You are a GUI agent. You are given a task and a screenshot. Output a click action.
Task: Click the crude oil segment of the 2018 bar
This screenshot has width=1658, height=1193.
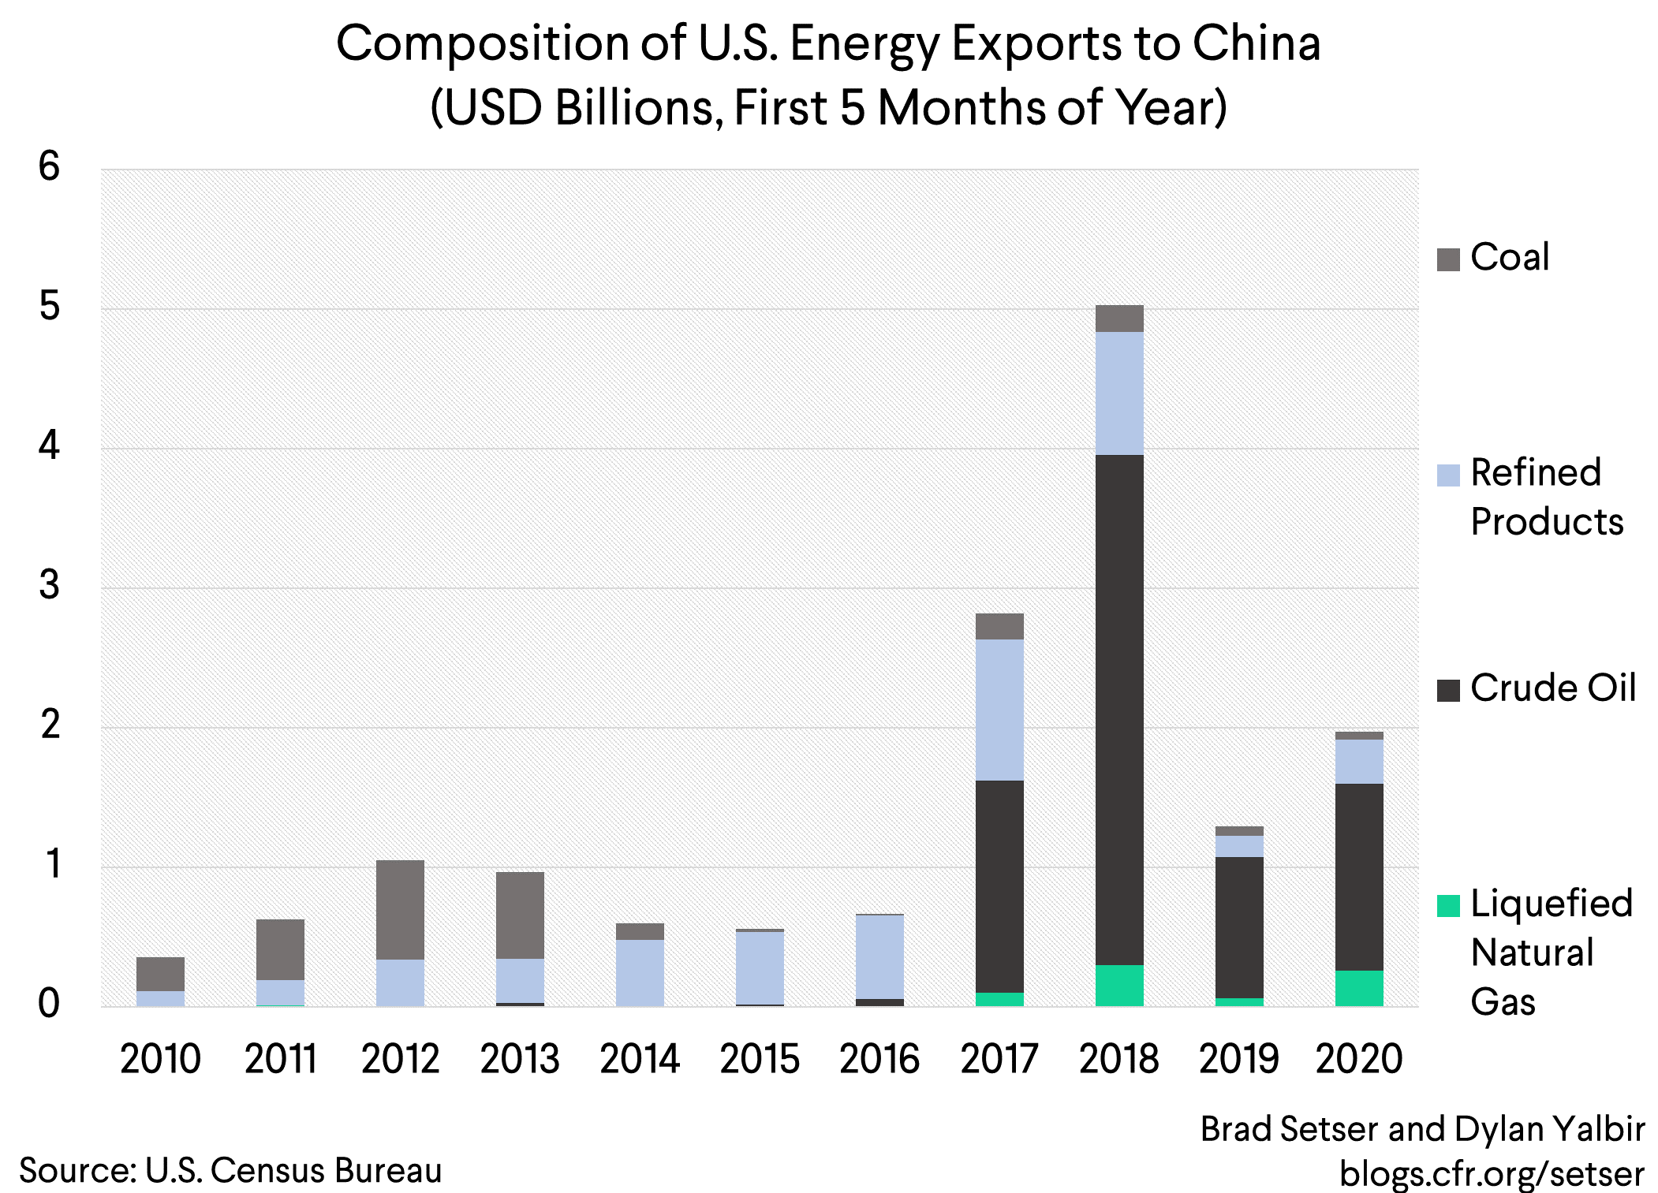[1119, 710]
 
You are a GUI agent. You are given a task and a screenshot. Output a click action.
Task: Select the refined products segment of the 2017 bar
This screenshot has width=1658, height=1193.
[999, 710]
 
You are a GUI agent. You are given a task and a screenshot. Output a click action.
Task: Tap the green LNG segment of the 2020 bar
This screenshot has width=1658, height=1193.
[1359, 988]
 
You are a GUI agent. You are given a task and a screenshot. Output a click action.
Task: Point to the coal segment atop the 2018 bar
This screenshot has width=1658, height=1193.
[1119, 319]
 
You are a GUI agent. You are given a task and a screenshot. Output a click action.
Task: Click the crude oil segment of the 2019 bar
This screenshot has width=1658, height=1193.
[1239, 927]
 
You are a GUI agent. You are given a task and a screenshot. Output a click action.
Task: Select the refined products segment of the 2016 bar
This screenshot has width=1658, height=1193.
[879, 956]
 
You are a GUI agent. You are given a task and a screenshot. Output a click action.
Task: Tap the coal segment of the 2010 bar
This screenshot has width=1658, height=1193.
[160, 974]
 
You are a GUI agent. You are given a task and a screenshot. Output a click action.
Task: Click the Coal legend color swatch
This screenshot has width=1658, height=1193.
[1448, 259]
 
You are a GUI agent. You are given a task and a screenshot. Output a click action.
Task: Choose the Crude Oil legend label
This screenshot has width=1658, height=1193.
[1552, 688]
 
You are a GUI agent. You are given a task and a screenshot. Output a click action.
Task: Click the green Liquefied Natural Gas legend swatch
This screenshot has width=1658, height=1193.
[1448, 906]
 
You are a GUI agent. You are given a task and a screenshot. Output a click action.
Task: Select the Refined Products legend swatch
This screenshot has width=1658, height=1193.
[1448, 475]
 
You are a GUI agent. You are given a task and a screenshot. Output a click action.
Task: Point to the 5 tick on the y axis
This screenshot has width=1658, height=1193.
[49, 307]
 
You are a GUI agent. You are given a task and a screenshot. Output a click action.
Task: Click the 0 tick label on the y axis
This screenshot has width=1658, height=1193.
[49, 1004]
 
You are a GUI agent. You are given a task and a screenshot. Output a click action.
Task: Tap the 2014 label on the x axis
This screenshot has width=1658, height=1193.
[640, 1059]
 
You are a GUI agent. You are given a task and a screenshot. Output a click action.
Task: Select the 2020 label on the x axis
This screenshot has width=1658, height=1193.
[1359, 1059]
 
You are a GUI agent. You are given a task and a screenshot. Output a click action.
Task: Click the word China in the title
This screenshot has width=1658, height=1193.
[1256, 43]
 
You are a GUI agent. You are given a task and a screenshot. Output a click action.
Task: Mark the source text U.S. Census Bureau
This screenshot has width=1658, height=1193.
[293, 1171]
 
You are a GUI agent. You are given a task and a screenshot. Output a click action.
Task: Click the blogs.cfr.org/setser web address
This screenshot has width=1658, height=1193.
[1492, 1173]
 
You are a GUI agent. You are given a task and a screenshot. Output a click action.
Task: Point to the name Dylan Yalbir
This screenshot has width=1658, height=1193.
[1549, 1129]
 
